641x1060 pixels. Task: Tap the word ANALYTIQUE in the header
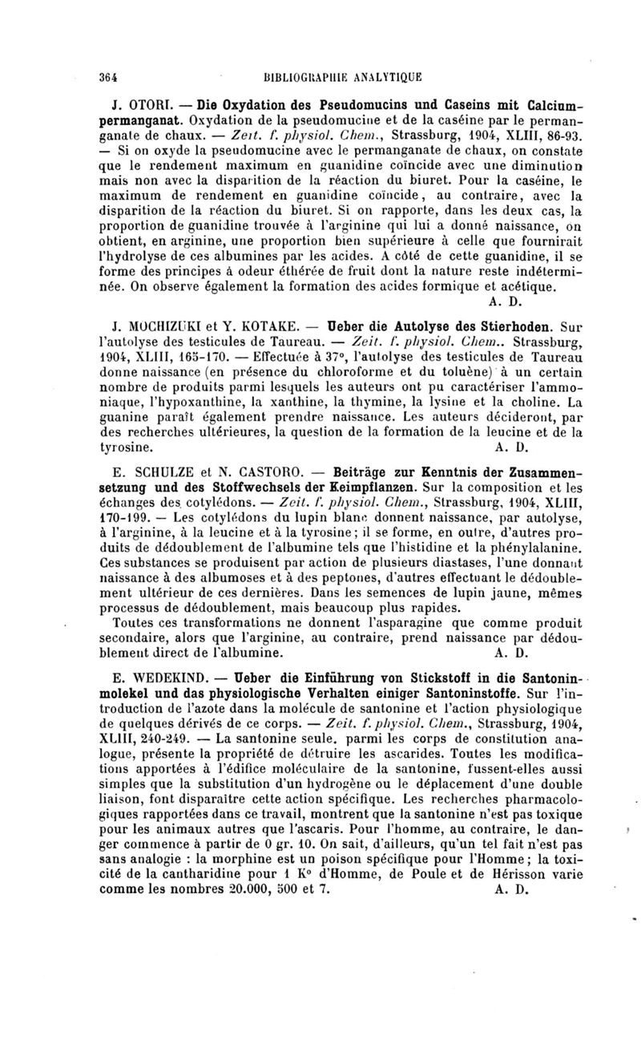pos(384,77)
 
